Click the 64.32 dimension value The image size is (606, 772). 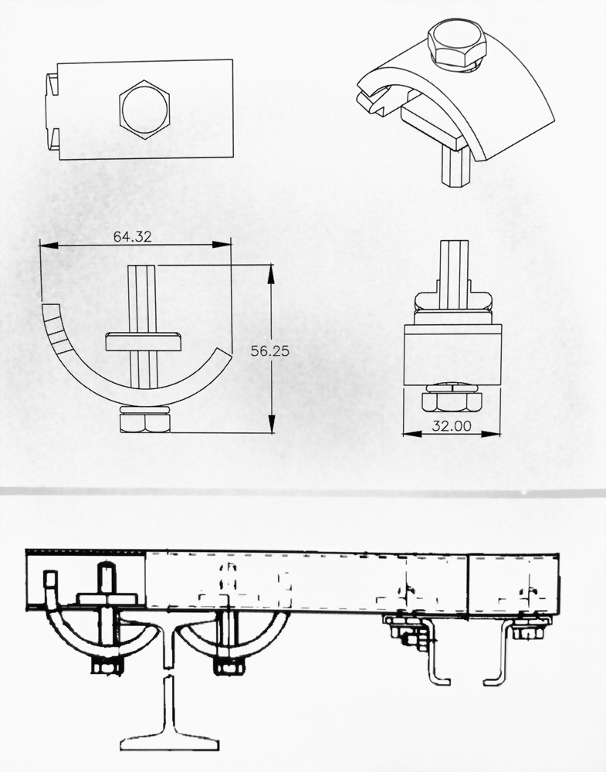tap(132, 237)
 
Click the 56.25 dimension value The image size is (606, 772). tap(269, 351)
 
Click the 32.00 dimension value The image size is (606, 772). tap(452, 426)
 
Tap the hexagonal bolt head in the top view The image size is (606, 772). tap(144, 110)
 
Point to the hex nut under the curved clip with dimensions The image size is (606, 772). tap(145, 423)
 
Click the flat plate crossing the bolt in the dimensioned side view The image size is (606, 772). tap(144, 342)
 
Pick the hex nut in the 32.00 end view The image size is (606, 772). tap(452, 401)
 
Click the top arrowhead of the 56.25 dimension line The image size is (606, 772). tap(270, 274)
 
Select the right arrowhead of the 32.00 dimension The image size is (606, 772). tap(491, 434)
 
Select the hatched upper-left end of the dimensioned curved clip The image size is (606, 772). tap(54, 327)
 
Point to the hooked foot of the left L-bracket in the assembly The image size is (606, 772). tap(439, 680)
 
